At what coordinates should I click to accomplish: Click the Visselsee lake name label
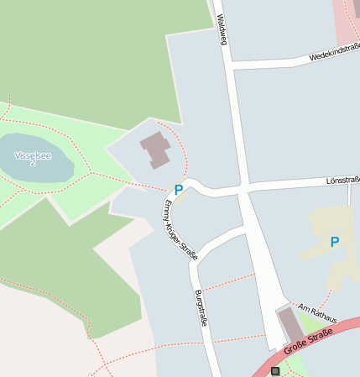pyautogui.click(x=33, y=154)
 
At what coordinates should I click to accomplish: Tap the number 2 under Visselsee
pyautogui.click(x=33, y=163)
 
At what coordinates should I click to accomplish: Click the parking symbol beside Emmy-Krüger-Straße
pyautogui.click(x=178, y=190)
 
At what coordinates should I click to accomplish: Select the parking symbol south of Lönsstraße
pyautogui.click(x=335, y=243)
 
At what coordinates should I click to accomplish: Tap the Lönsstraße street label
pyautogui.click(x=342, y=181)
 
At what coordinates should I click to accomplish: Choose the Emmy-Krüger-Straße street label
pyautogui.click(x=180, y=230)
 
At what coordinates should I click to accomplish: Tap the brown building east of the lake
pyautogui.click(x=156, y=149)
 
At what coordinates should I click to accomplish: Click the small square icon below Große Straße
pyautogui.click(x=275, y=370)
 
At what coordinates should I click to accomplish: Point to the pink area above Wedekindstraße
pyautogui.click(x=346, y=21)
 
